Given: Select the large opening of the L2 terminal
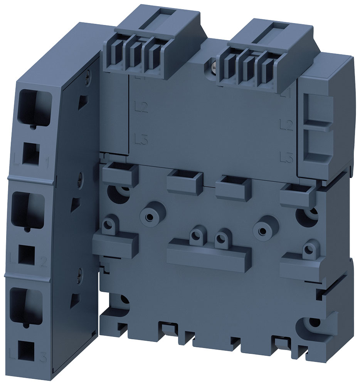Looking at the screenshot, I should click(x=29, y=210).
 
